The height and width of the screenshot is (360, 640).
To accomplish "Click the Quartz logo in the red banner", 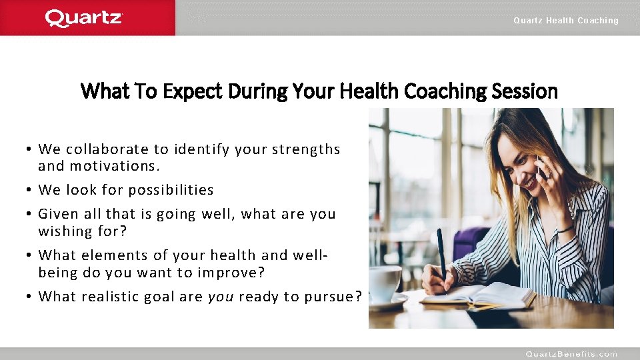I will click(84, 18).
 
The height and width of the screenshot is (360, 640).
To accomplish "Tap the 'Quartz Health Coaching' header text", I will click(565, 21).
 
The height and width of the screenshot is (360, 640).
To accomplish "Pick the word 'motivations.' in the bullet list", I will click(115, 166).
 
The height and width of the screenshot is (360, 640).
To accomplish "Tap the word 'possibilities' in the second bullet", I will click(171, 190).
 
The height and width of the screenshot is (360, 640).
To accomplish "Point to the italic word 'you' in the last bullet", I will click(220, 296).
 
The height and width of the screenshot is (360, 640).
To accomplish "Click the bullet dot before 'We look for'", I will click(30, 190).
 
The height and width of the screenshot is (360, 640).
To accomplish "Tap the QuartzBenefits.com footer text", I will click(571, 354).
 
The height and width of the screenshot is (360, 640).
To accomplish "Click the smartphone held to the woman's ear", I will click(541, 167).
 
